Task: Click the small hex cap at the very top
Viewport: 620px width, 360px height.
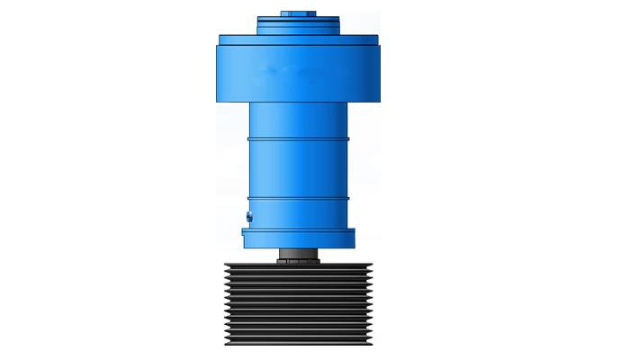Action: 298,13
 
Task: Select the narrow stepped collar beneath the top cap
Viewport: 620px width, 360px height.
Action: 298,25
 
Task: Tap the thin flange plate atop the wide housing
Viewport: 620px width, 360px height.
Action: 298,40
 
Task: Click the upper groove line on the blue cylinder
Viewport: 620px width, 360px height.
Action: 298,139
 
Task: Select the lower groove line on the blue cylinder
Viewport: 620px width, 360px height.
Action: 298,198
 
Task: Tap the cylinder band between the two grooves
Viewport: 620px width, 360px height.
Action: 298,168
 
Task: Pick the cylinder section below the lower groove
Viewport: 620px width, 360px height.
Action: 298,213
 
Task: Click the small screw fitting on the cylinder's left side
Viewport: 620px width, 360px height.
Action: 248,216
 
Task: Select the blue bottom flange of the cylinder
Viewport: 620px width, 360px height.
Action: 298,238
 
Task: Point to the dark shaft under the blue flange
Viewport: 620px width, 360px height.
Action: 298,251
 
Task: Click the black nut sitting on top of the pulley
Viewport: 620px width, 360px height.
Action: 298,260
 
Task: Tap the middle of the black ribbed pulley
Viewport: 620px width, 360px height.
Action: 298,304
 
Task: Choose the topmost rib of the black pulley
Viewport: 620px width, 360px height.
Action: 298,268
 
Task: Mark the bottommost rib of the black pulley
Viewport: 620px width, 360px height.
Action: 298,342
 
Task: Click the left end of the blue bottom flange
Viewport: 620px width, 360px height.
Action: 246,238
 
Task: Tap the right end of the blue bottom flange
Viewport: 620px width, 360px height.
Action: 351,238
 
